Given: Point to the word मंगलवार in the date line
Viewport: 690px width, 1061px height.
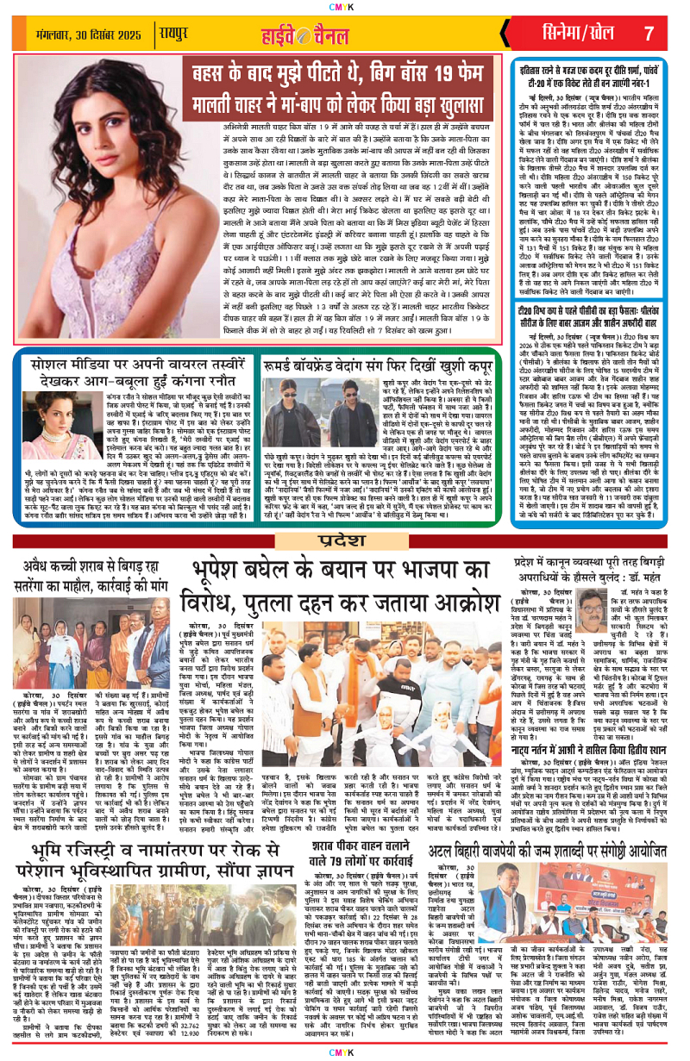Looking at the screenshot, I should coord(53,34).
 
